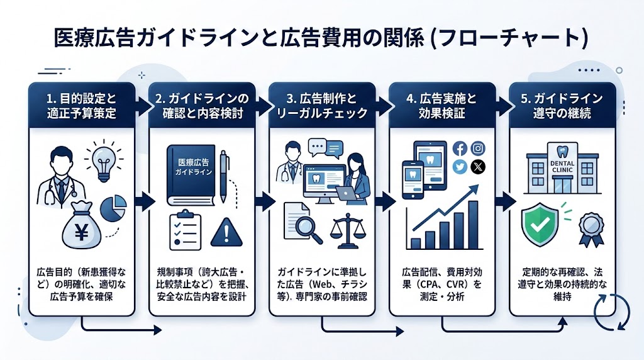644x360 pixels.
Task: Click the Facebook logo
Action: pyautogui.click(x=460, y=149)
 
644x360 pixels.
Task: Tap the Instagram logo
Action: pyautogui.click(x=479, y=149)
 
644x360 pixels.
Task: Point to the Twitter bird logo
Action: pyautogui.click(x=460, y=167)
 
